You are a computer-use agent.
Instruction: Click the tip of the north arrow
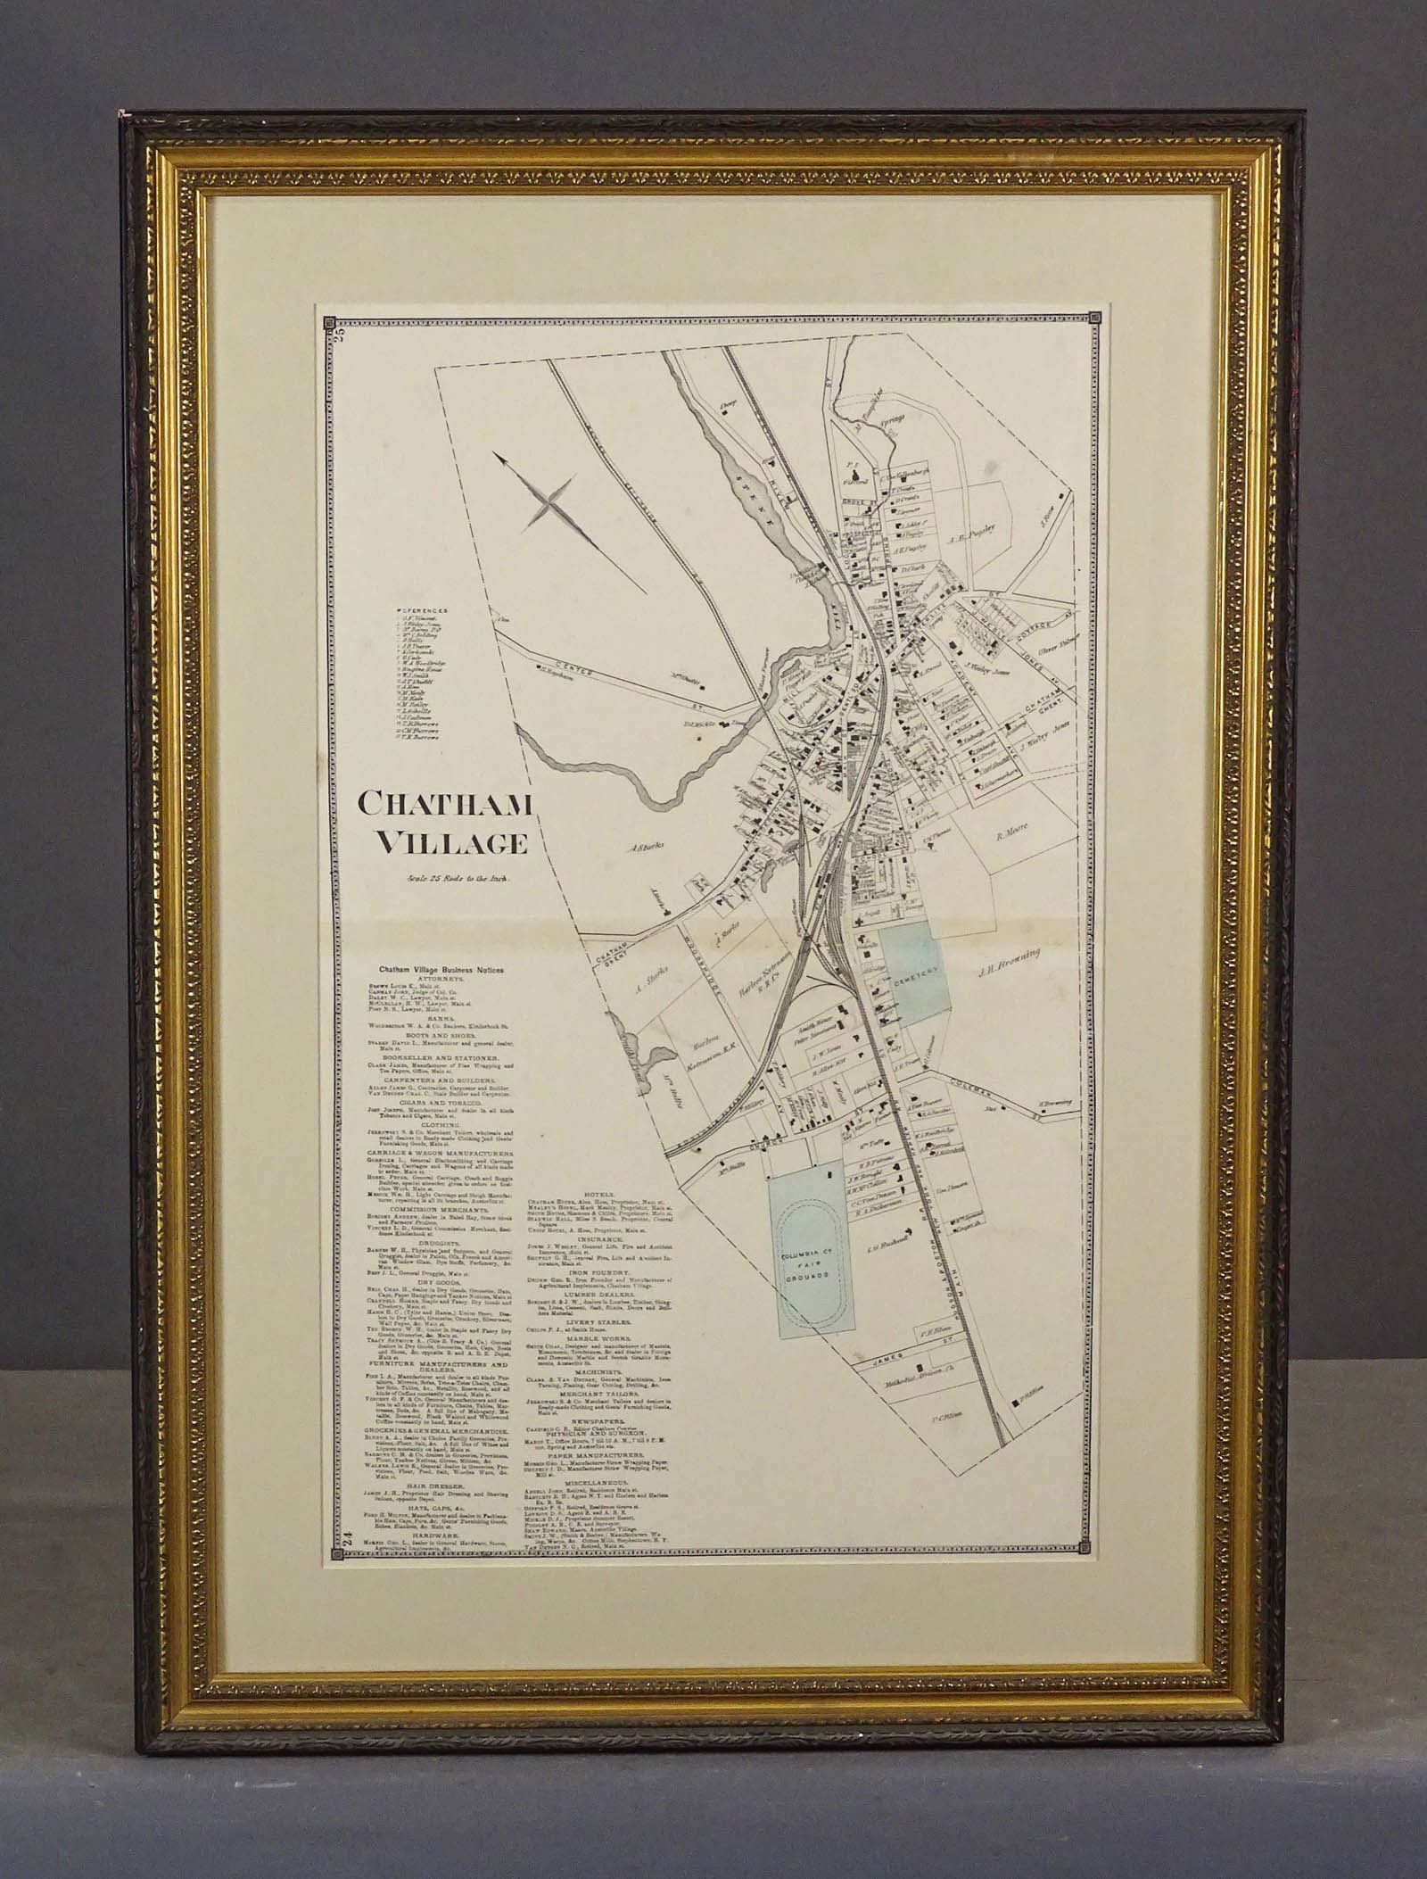499,458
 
